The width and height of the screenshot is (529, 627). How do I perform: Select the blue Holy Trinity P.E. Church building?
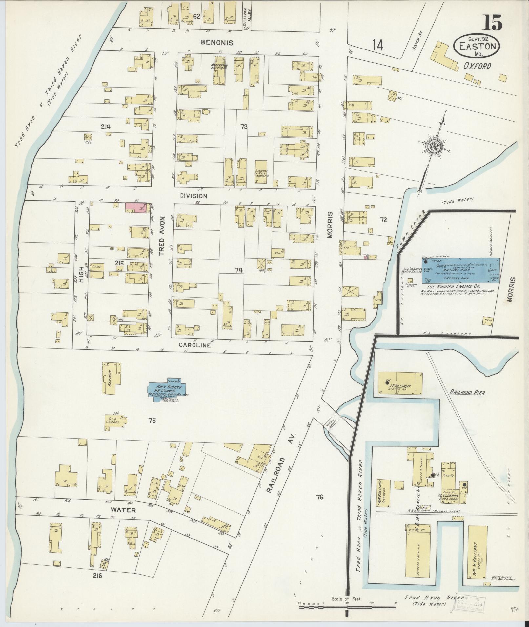(x=168, y=389)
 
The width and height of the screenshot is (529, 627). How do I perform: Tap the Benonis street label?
(x=217, y=43)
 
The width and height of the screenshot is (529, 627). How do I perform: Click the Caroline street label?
(x=195, y=345)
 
